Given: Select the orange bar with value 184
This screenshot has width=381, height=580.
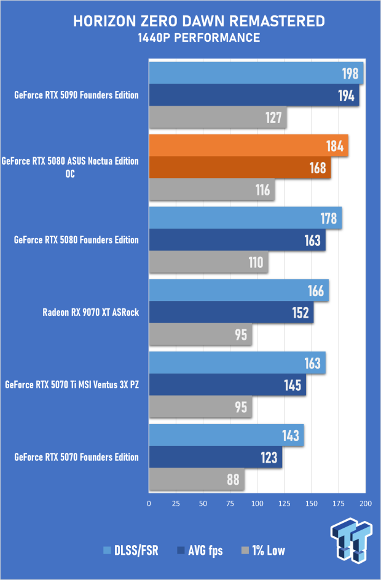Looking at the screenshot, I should (x=248, y=146).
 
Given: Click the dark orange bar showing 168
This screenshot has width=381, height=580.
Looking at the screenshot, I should (x=240, y=167).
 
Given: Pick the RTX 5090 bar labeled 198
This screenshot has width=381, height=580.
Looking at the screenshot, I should (x=256, y=74).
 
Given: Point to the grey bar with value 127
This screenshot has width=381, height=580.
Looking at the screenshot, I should (x=218, y=117).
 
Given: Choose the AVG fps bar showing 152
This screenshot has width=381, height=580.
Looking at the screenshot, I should (x=231, y=312).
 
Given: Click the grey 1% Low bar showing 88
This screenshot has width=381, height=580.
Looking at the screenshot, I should (x=197, y=479).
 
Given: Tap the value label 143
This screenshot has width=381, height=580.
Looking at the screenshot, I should (x=291, y=436).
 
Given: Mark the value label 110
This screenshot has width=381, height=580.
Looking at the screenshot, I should (x=256, y=262).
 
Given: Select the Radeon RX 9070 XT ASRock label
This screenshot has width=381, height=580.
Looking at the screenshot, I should (x=90, y=312).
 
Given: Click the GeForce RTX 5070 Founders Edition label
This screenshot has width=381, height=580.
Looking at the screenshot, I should (x=76, y=457).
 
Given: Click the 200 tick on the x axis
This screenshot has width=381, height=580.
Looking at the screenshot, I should (x=365, y=504).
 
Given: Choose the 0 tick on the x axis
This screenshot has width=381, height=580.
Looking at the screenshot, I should (x=149, y=504).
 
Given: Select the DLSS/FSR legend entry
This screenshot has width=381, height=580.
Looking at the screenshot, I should (x=133, y=550).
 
